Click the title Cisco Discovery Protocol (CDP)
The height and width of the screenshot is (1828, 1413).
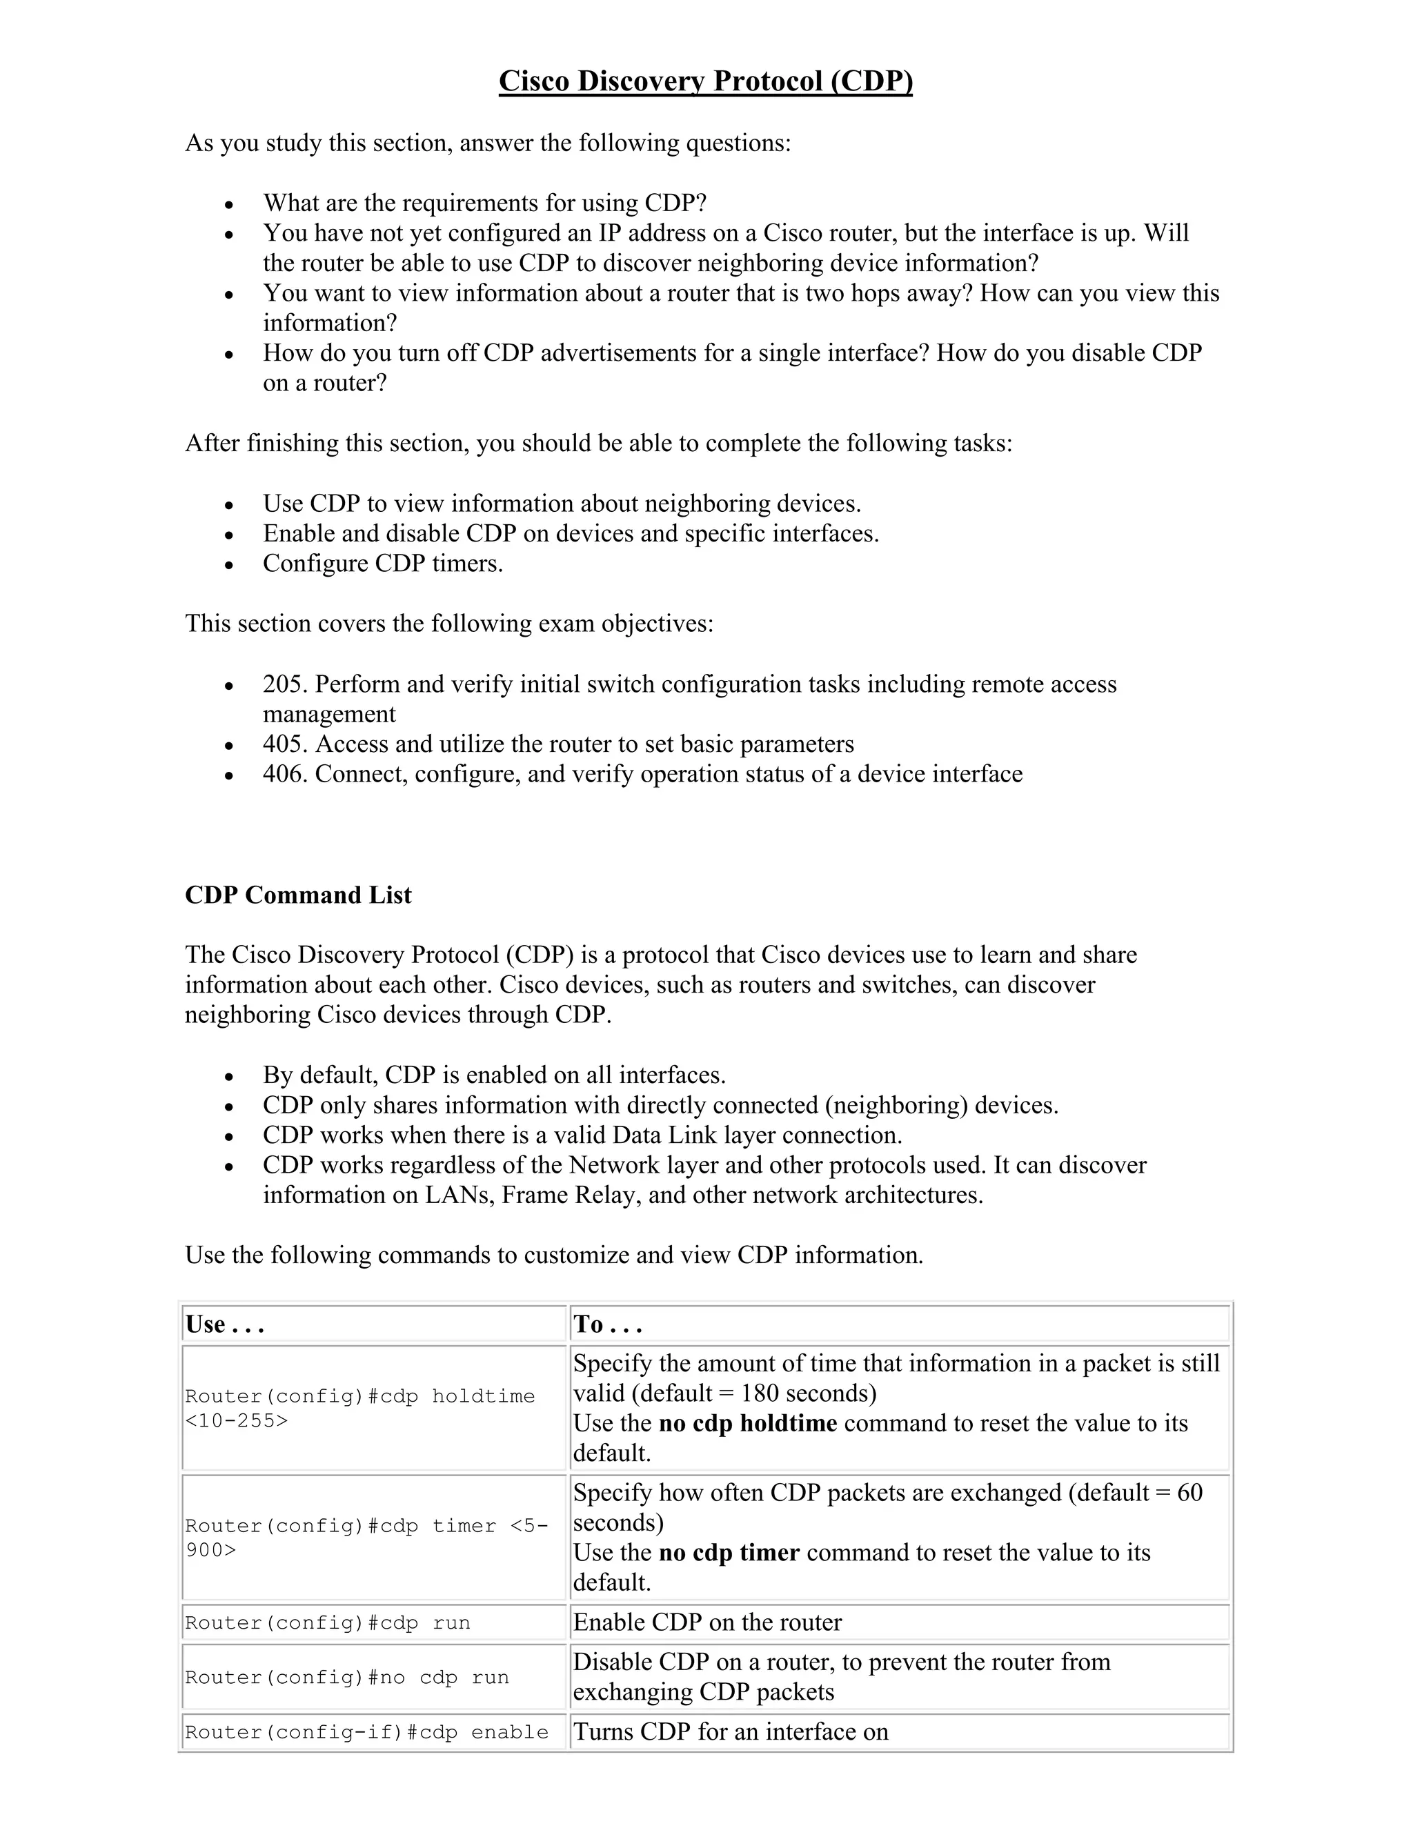(x=706, y=81)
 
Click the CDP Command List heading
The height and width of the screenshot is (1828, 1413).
(x=298, y=895)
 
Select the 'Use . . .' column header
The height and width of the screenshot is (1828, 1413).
(x=224, y=1324)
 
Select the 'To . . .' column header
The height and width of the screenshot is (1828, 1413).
(x=608, y=1324)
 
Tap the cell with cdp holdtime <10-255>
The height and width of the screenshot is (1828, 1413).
(x=360, y=1408)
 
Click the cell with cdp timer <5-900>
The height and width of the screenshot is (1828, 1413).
(x=366, y=1538)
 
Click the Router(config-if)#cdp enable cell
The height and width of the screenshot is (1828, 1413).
(x=366, y=1731)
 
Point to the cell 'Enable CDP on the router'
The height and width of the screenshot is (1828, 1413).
(x=707, y=1622)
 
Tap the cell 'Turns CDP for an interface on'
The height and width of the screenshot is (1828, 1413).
(x=731, y=1731)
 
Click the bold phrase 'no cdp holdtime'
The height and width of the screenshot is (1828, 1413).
(x=747, y=1423)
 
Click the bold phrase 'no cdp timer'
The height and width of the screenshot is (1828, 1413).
(x=729, y=1553)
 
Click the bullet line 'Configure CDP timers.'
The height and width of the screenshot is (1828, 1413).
(x=382, y=564)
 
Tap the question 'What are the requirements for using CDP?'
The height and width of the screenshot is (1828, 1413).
(x=484, y=203)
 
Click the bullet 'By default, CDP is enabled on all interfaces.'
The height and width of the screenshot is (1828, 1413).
(x=494, y=1075)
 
